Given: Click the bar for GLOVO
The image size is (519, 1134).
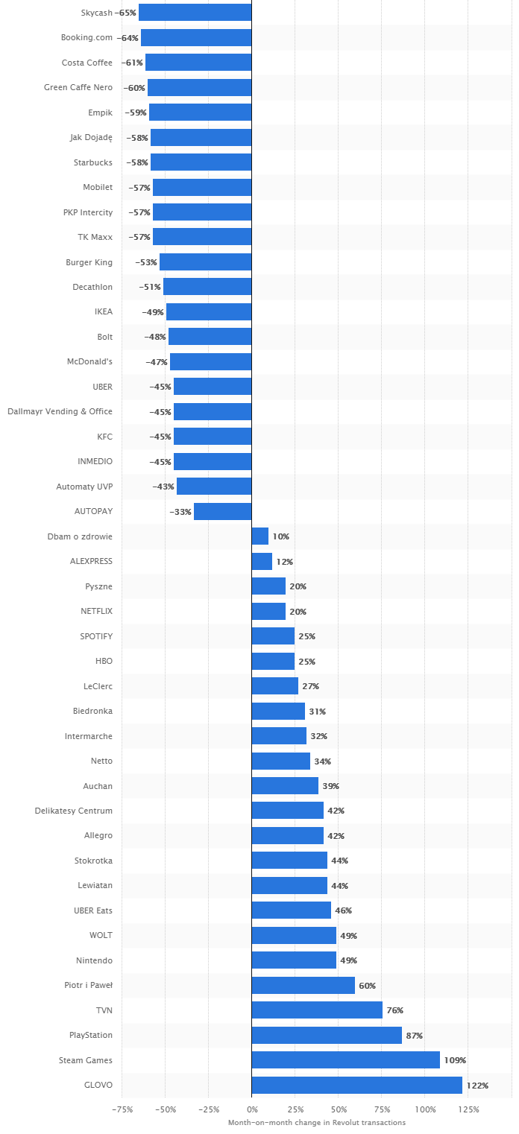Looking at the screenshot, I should (x=356, y=1085).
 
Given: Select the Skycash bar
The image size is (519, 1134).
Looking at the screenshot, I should (x=195, y=13).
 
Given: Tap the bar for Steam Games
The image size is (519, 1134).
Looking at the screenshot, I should (x=345, y=1060).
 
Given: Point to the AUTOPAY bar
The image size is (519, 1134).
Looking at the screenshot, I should (x=222, y=511).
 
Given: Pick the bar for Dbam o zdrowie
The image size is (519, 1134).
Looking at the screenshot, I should (x=259, y=536).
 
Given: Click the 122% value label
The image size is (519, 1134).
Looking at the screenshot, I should (x=477, y=1086).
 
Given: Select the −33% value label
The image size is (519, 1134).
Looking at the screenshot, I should (x=180, y=512).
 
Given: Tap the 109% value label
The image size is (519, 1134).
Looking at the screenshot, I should (x=455, y=1060).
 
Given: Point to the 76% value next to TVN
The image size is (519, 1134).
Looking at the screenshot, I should (x=394, y=1010).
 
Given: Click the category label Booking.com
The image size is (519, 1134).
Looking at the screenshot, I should (x=86, y=37).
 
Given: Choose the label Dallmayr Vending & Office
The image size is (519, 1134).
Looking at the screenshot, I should (x=60, y=411).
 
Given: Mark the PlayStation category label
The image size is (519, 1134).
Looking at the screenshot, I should (x=91, y=1035).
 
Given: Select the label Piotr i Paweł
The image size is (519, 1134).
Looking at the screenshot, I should (x=88, y=985).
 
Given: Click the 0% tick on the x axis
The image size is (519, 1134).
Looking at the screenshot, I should (x=251, y=1109).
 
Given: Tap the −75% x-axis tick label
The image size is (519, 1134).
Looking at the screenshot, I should (x=122, y=1109).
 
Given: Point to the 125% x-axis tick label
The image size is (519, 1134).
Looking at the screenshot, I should (x=468, y=1109).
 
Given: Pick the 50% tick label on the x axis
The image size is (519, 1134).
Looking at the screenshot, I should (x=338, y=1109).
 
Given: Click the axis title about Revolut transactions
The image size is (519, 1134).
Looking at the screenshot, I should (x=316, y=1122).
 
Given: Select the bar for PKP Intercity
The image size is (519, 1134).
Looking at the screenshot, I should (x=202, y=212).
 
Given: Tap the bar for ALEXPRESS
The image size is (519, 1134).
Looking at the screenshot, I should (x=262, y=561).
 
